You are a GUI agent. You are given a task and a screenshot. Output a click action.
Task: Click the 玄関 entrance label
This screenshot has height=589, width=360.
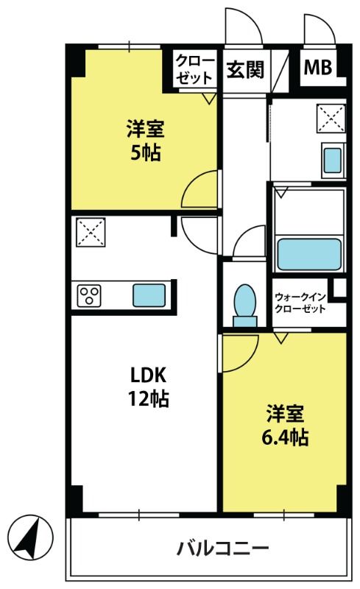tap(245, 69)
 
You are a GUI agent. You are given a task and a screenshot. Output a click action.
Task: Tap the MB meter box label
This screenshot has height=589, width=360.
tap(317, 68)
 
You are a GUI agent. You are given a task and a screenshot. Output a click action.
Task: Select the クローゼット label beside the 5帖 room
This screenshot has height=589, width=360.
tap(194, 69)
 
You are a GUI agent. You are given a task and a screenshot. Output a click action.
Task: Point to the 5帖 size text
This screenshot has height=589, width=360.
tap(146, 152)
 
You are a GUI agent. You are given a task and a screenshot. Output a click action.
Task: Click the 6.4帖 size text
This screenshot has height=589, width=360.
tap(285, 437)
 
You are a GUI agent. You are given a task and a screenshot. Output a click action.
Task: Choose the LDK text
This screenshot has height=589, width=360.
tap(148, 375)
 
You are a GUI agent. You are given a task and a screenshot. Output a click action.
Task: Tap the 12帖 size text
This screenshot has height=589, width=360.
tap(149, 398)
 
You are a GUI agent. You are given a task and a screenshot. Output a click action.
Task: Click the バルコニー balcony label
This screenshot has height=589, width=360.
tap(223, 549)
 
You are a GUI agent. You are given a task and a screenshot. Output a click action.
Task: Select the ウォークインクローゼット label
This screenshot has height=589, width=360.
tap(300, 303)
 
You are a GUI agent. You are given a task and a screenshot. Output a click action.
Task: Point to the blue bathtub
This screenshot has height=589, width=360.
tap(309, 254)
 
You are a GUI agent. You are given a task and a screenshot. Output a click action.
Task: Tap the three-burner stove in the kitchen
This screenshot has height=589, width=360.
tap(88, 295)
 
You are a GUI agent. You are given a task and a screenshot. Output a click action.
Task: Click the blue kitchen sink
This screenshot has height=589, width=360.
tap(149, 295)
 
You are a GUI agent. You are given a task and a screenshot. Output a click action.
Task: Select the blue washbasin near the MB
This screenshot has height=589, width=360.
tap(333, 161)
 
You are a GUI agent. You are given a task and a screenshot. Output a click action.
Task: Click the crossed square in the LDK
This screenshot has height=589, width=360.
tap(91, 233)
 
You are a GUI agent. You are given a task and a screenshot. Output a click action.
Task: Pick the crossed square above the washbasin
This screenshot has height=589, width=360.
tap(331, 119)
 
